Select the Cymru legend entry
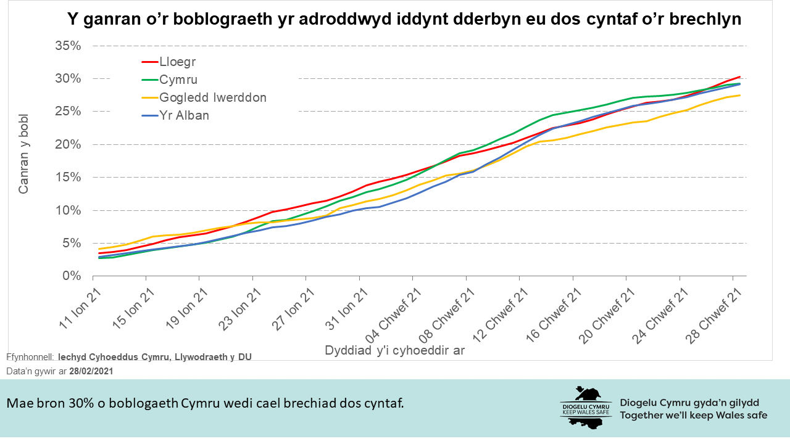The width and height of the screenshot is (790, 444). pyautogui.click(x=178, y=80)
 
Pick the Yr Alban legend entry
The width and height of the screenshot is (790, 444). pyautogui.click(x=184, y=115)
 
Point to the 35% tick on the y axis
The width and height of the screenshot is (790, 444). pyautogui.click(x=68, y=46)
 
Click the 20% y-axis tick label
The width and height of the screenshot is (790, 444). pyautogui.click(x=68, y=144)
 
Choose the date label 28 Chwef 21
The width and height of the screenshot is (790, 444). pyautogui.click(x=712, y=313)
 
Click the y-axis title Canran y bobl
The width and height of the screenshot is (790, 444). pyautogui.click(x=24, y=162)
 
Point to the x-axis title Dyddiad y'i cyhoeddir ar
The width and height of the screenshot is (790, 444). pyautogui.click(x=394, y=350)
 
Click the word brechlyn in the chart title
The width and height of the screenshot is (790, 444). pyautogui.click(x=706, y=20)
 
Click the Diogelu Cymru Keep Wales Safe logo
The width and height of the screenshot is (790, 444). pyautogui.click(x=586, y=407)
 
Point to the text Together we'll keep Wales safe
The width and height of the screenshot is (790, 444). pyautogui.click(x=694, y=415)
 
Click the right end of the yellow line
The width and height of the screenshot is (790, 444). pyautogui.click(x=740, y=95)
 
